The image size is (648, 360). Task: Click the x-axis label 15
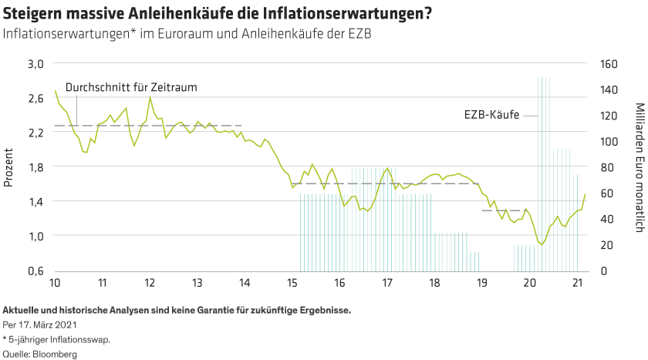(292, 283)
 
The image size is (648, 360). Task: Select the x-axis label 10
(55, 283)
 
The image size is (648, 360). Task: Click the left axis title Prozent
(10, 167)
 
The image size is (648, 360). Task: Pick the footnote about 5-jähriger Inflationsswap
(57, 339)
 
